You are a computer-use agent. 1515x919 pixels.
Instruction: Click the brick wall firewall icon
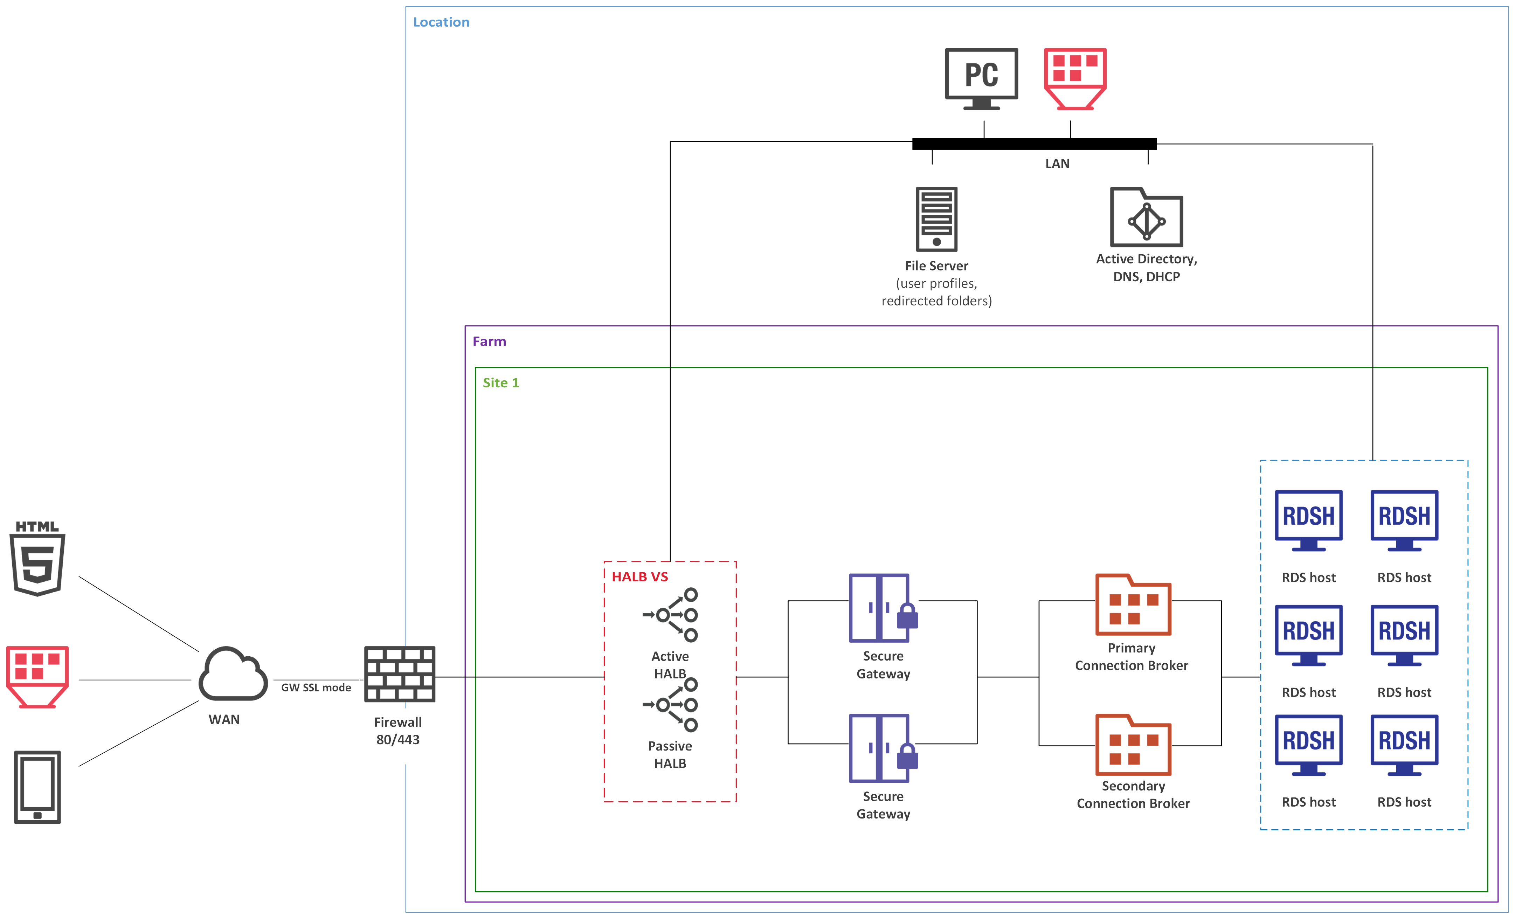[x=400, y=674]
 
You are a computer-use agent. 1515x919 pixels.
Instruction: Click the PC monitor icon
[x=981, y=79]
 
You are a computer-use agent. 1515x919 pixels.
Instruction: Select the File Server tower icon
[x=936, y=219]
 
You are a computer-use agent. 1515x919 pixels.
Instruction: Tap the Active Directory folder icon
[x=1146, y=217]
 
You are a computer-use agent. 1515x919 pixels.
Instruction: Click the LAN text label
[x=1057, y=164]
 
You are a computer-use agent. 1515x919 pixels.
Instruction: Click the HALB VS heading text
[x=639, y=576]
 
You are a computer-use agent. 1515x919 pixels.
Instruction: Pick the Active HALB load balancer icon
[x=671, y=615]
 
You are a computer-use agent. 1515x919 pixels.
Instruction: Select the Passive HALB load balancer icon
[x=671, y=704]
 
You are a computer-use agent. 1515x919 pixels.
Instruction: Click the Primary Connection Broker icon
[x=1133, y=605]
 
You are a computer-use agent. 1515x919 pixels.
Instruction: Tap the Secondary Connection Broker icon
[x=1133, y=745]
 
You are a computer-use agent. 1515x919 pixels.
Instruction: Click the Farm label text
[x=489, y=341]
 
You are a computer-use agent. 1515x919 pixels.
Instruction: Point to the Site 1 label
[x=500, y=382]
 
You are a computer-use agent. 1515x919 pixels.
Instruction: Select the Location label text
[x=441, y=22]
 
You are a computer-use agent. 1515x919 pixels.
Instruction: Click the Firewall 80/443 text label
[x=398, y=731]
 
